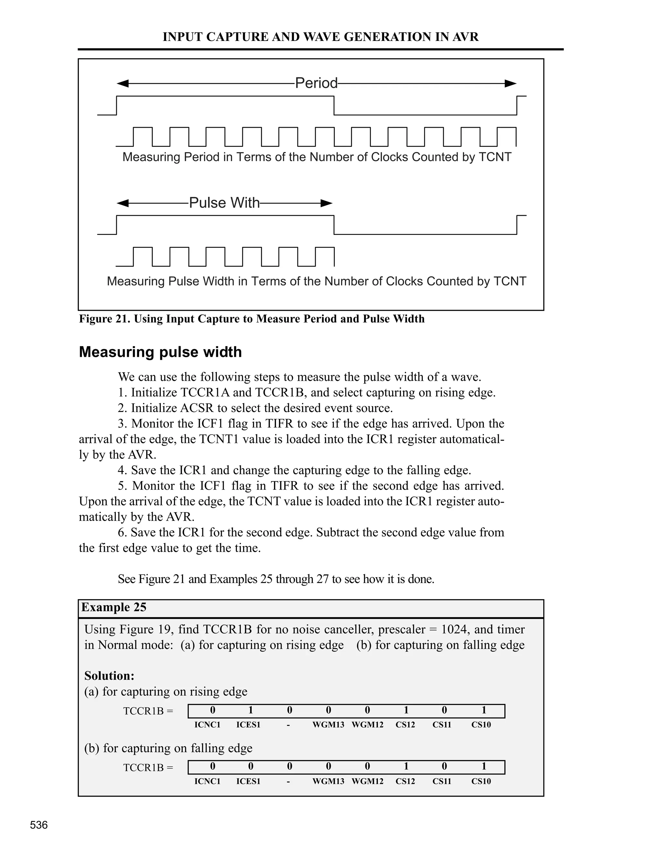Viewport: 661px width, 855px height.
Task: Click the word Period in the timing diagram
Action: (316, 83)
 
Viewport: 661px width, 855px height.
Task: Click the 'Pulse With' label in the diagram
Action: (224, 203)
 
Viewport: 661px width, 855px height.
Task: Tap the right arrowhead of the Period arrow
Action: (511, 83)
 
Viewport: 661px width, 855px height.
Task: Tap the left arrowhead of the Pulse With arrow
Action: (123, 203)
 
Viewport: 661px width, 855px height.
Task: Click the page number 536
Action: (39, 825)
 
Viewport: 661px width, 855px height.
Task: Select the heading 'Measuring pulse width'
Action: (160, 352)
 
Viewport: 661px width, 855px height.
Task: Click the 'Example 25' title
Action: (114, 607)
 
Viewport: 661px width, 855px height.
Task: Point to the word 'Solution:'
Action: (109, 676)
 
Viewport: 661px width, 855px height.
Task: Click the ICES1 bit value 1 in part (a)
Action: (250, 710)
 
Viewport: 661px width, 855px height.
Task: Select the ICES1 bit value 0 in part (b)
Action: (250, 766)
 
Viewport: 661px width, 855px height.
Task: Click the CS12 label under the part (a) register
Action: (405, 725)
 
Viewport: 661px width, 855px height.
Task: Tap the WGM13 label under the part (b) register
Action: (328, 781)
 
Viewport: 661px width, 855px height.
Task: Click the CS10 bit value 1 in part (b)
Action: (483, 766)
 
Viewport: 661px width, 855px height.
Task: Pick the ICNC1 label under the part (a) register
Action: (207, 725)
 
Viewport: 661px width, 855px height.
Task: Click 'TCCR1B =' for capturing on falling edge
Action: (148, 767)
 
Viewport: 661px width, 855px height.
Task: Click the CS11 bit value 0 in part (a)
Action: (444, 710)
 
